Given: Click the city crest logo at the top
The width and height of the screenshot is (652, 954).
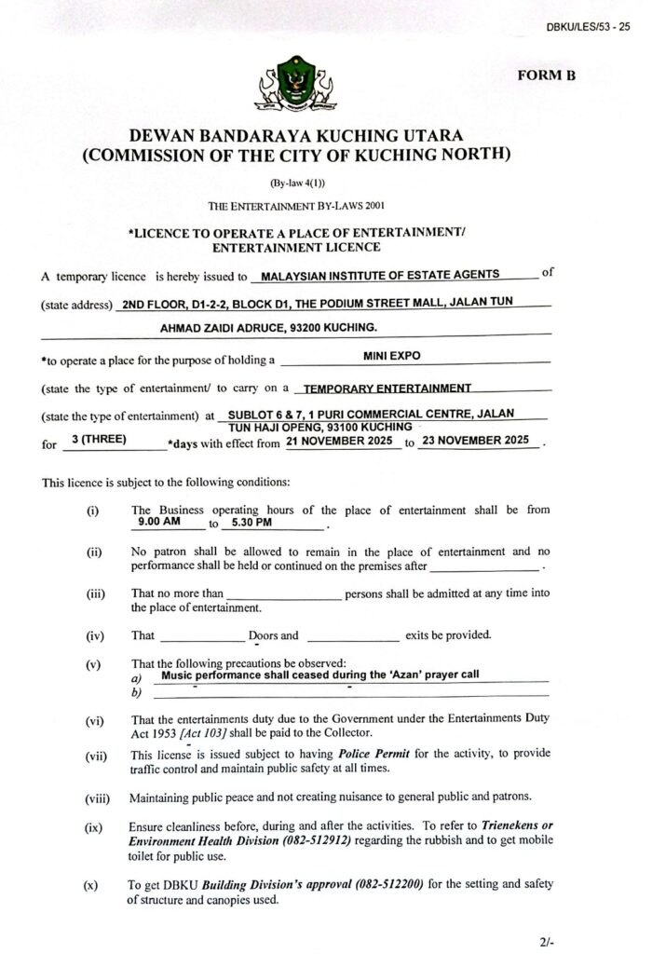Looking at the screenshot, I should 298,87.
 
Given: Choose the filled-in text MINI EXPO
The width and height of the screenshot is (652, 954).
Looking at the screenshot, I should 390,355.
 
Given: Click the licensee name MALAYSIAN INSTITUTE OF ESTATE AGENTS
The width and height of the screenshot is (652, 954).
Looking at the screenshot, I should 381,276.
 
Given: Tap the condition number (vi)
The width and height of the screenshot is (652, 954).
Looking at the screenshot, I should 95,720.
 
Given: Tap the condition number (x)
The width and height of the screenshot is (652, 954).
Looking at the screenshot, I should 91,884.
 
